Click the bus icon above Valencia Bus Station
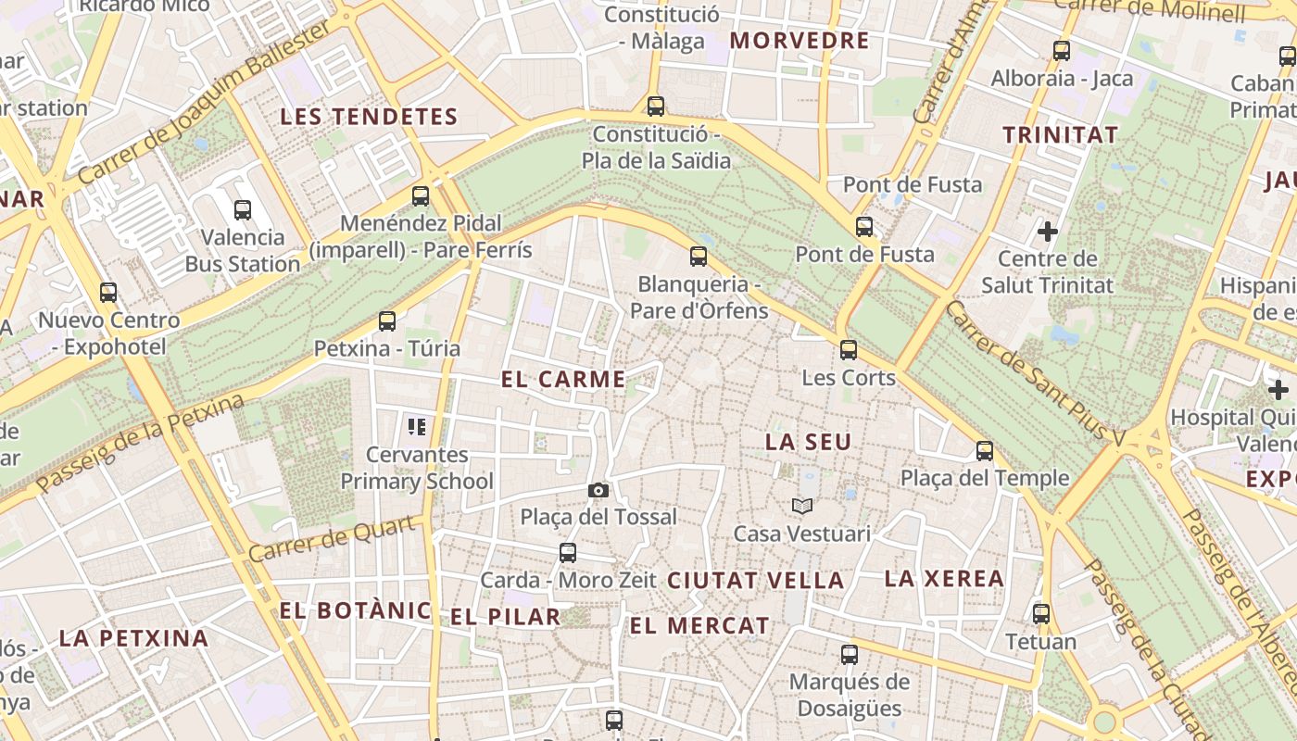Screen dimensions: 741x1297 point(243,210)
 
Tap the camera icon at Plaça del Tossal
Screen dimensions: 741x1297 point(598,490)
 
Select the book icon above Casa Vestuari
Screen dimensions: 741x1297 point(802,506)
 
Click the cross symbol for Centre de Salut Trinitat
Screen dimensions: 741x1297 point(1048,230)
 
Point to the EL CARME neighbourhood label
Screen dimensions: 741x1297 point(563,379)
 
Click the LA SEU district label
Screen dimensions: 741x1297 point(808,442)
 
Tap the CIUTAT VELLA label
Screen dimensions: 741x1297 point(755,581)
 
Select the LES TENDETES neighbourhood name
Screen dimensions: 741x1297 point(369,117)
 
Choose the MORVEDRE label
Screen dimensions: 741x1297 point(800,41)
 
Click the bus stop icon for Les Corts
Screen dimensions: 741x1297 point(849,350)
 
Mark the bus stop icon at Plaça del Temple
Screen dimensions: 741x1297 point(985,451)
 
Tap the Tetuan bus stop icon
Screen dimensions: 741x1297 point(1041,614)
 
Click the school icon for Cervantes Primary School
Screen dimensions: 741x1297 point(417,427)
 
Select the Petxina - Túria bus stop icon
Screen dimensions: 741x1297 point(387,321)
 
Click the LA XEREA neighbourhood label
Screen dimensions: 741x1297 point(944,579)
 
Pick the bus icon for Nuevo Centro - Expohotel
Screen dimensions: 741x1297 point(108,293)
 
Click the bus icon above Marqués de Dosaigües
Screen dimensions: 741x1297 point(850,655)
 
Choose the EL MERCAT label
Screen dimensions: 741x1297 point(699,626)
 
